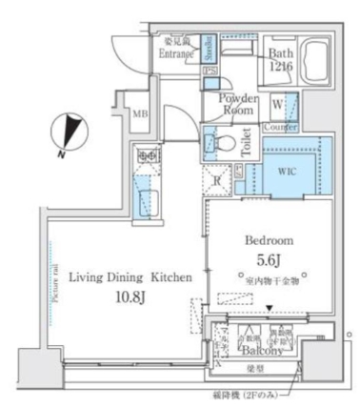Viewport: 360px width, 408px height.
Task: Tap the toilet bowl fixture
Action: point(219,142)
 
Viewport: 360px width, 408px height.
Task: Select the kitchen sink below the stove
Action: point(144,198)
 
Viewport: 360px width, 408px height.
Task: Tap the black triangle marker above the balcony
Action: point(270,307)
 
